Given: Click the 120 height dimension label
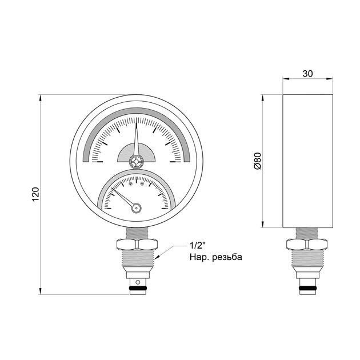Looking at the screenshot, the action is (x=35, y=194).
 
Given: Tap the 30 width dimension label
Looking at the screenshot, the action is (x=307, y=74).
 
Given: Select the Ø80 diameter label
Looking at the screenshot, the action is (x=258, y=161).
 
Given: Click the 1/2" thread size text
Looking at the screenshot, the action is (x=197, y=246).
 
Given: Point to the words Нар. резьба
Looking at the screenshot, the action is (x=216, y=257).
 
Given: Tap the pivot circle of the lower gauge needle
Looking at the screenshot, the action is (x=137, y=208).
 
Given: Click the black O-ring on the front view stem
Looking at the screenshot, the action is (x=138, y=288).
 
